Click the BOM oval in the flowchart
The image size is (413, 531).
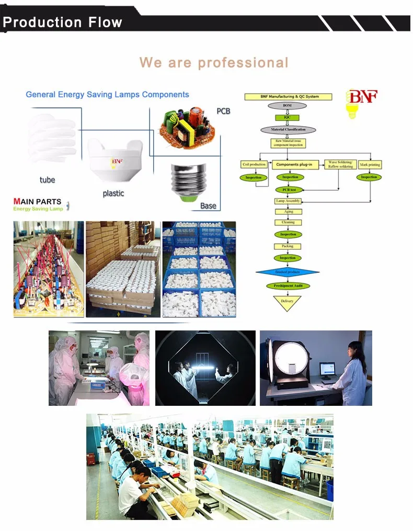pos(288,106)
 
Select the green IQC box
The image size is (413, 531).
pos(288,117)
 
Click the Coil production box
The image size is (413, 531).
pos(255,164)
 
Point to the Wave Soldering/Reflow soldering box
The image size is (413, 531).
pos(340,164)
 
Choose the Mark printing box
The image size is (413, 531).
pos(370,164)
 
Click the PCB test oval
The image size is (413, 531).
pos(289,190)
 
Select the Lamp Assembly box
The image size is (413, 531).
pos(288,201)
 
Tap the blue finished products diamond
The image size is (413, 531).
pos(288,272)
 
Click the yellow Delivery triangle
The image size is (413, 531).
pos(288,302)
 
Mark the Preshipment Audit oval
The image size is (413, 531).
pos(288,286)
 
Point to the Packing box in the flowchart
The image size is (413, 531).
pos(288,246)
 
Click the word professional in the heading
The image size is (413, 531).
pos(243,63)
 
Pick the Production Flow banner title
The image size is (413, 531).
pos(62,23)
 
